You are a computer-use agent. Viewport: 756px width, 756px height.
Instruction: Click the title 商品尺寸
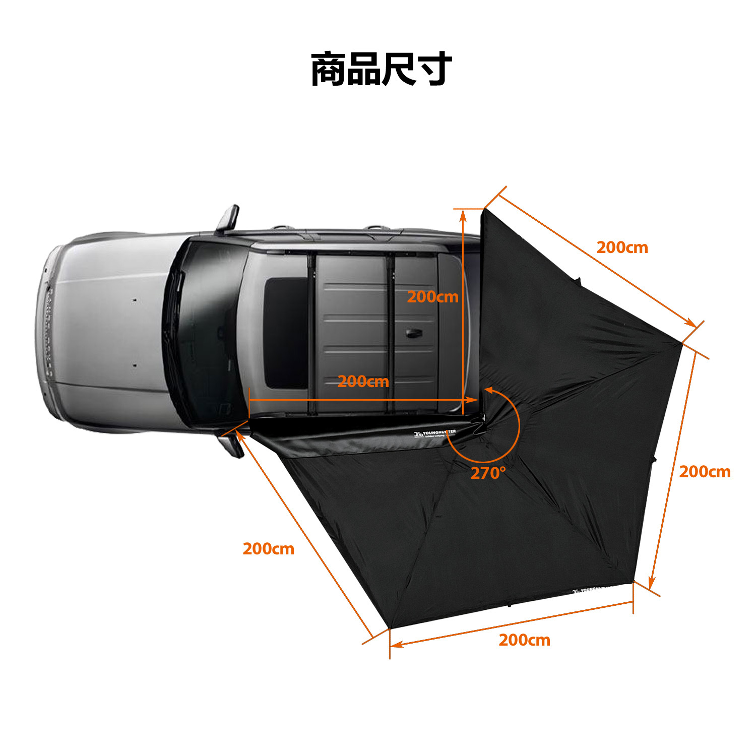[381, 69]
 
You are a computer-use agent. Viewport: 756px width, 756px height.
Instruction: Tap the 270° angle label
[487, 473]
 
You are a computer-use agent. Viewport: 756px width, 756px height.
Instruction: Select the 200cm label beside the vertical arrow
[432, 297]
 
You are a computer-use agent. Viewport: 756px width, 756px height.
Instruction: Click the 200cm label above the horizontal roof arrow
[363, 382]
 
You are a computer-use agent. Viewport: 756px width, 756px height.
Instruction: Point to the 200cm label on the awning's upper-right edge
[622, 247]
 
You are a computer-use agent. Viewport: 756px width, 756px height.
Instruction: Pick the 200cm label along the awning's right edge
[704, 472]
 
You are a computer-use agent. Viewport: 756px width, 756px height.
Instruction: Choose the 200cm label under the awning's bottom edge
[524, 640]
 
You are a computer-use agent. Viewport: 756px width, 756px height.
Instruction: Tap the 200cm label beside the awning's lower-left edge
[268, 549]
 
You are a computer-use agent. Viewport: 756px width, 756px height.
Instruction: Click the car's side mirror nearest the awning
[231, 444]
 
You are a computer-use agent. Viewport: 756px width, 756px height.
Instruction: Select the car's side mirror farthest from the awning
[228, 218]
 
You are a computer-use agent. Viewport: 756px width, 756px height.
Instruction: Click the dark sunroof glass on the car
[285, 333]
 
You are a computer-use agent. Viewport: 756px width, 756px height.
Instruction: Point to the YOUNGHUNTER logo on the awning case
[435, 433]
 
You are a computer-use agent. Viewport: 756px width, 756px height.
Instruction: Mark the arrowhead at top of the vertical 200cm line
[463, 214]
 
